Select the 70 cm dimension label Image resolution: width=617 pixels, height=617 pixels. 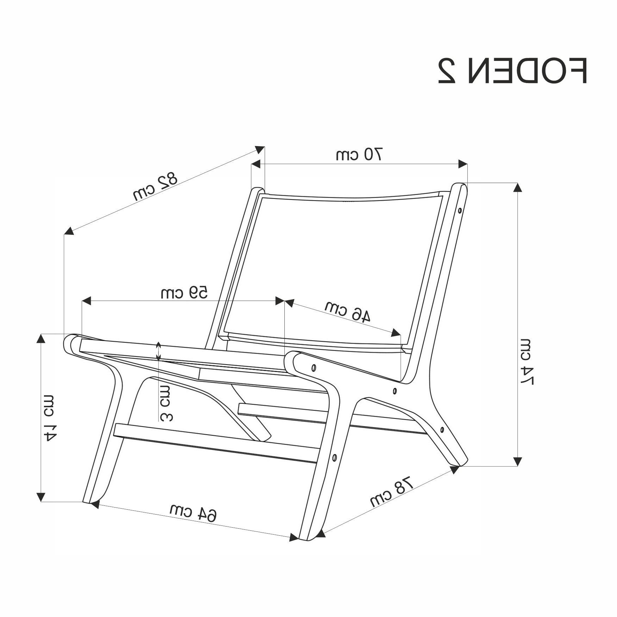point(359,155)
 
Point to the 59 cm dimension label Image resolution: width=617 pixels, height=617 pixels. point(184,292)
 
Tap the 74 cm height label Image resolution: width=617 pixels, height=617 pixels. point(527,361)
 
